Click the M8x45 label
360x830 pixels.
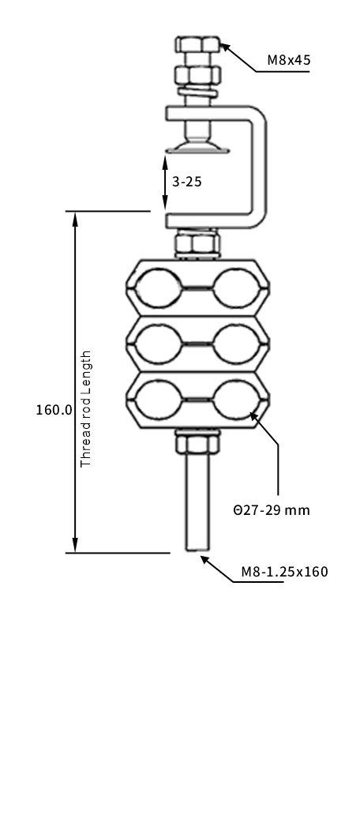[x=288, y=59]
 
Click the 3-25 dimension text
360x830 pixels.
[x=187, y=181]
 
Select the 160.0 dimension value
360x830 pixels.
[x=54, y=410]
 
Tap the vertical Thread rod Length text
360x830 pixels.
[x=87, y=408]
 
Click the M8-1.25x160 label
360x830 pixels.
[x=284, y=572]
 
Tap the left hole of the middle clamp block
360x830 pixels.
[x=158, y=344]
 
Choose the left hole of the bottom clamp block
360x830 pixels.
[x=158, y=400]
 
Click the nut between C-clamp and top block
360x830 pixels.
[x=197, y=243]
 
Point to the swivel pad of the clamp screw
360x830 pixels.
[x=195, y=145]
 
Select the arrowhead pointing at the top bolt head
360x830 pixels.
[x=226, y=47]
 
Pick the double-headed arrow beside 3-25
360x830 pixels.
[x=165, y=182]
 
